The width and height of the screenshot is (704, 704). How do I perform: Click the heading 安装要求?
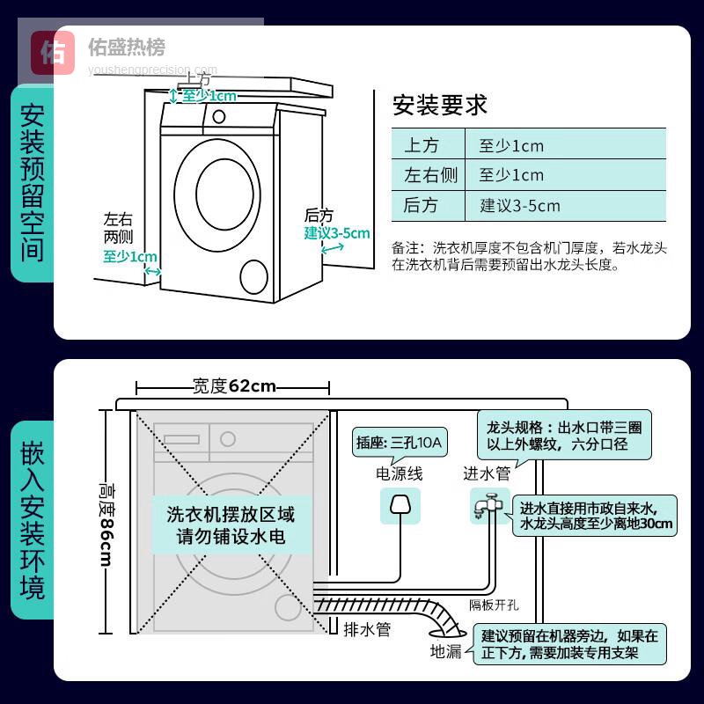[439, 106]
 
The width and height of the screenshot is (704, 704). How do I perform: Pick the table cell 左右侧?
[429, 175]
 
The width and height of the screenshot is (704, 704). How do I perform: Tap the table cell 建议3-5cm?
[519, 206]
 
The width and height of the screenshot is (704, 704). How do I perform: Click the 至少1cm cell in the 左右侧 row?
[511, 175]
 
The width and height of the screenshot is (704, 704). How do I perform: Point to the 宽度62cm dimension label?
[234, 386]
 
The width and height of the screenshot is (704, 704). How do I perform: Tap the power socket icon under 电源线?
[399, 509]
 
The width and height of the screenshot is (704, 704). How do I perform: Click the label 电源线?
[399, 474]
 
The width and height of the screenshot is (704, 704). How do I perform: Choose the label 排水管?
[366, 630]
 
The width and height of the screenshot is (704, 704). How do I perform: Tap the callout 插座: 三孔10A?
[399, 442]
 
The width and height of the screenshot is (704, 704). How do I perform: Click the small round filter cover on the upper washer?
[253, 276]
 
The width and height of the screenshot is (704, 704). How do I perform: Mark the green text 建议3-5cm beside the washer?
[337, 233]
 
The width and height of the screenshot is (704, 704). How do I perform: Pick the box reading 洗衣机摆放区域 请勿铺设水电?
[231, 525]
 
